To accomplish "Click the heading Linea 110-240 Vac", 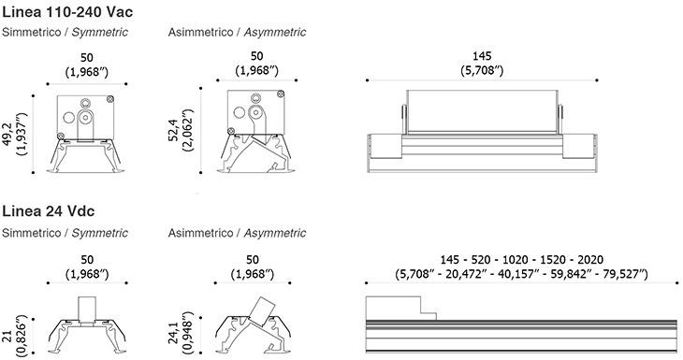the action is click(x=67, y=12).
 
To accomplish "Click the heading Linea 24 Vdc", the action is click(x=49, y=211).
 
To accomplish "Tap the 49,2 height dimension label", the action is click(x=7, y=134).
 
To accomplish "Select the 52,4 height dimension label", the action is click(x=174, y=130).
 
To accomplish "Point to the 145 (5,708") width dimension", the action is click(x=482, y=64).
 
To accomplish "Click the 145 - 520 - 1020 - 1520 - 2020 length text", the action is click(x=521, y=260).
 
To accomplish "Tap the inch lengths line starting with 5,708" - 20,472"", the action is click(x=521, y=274).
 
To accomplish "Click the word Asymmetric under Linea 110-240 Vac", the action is click(x=275, y=32).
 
